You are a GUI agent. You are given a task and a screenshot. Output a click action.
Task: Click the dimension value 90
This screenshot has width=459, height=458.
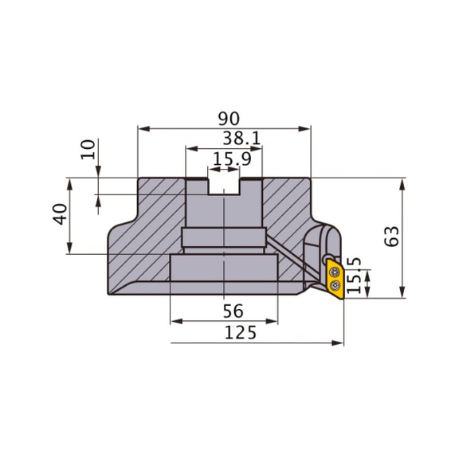click(229, 119)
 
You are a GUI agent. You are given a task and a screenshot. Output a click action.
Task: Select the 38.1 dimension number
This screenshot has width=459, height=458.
click(241, 139)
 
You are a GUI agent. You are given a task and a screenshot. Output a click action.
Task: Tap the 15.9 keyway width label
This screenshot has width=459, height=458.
click(232, 159)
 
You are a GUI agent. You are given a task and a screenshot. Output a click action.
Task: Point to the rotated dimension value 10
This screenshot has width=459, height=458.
click(88, 150)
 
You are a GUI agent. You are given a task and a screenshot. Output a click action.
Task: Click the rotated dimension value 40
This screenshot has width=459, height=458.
click(60, 214)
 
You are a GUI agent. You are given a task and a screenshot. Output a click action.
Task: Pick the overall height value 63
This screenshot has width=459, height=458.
click(391, 237)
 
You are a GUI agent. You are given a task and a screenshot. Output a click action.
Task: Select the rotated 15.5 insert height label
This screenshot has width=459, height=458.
click(354, 276)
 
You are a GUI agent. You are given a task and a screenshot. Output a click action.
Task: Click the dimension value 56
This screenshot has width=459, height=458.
click(233, 311)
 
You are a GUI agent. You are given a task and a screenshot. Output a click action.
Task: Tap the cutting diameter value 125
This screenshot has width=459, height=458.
click(241, 333)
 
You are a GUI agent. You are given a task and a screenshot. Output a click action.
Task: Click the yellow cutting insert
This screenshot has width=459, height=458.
click(335, 279)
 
